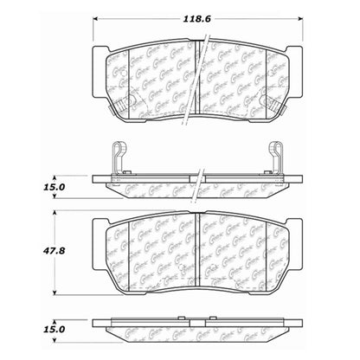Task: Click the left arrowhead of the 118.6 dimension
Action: [x=95, y=19]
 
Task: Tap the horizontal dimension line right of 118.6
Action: [x=260, y=19]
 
